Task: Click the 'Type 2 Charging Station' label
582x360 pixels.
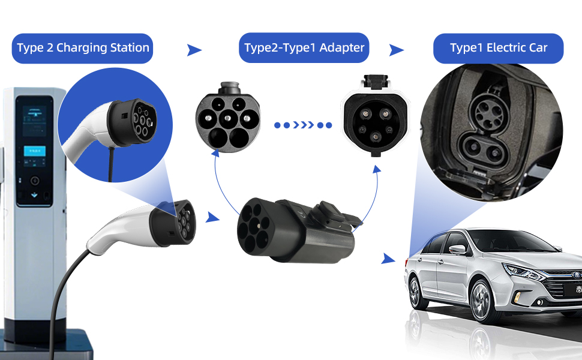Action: tap(83, 48)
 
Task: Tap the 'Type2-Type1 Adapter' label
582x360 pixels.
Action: tap(304, 48)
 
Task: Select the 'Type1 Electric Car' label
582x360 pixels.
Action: tap(498, 48)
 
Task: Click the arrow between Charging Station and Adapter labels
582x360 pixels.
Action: tap(194, 50)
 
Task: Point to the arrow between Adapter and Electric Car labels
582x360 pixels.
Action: tap(396, 50)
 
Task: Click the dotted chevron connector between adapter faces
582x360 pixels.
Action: tap(303, 125)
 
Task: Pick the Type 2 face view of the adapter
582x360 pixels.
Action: tap(227, 116)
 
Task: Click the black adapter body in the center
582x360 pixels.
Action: tap(294, 228)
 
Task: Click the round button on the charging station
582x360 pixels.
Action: tap(34, 180)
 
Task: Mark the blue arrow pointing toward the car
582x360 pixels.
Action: tap(389, 259)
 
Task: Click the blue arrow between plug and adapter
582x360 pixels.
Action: tap(211, 217)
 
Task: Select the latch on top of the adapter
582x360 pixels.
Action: tap(334, 211)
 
